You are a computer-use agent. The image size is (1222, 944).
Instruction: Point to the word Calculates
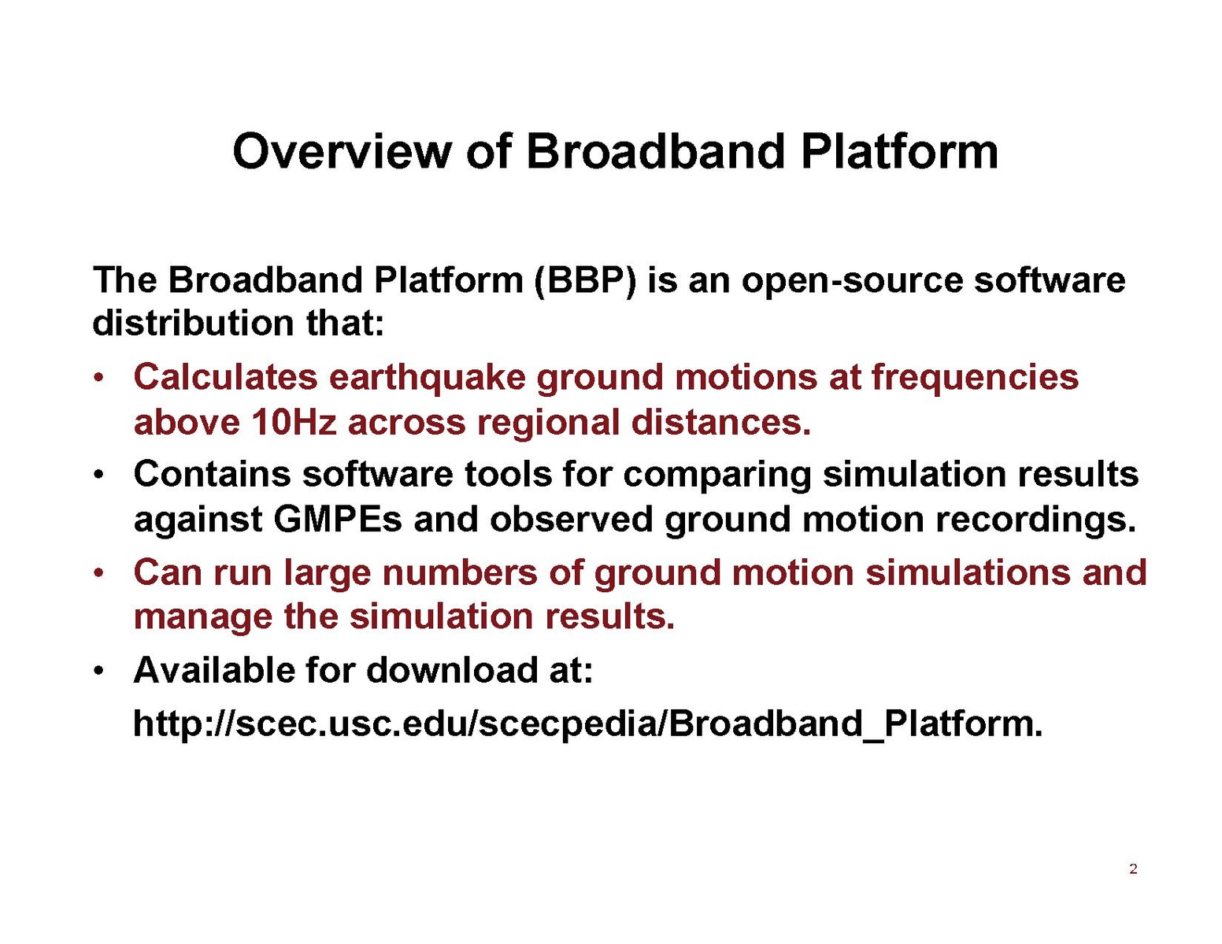coord(225,376)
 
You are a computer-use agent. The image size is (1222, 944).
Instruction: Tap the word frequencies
coord(975,377)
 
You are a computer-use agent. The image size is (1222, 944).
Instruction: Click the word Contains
coord(212,473)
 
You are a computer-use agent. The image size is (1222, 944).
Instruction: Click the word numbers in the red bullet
coord(460,572)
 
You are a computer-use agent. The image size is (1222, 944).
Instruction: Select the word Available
coord(213,670)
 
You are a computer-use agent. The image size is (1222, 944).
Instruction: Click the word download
coord(446,670)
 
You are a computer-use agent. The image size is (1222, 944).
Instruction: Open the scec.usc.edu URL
coord(587,724)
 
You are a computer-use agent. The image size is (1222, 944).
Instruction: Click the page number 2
coord(1133,869)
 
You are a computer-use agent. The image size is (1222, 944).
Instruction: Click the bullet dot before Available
coord(98,672)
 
